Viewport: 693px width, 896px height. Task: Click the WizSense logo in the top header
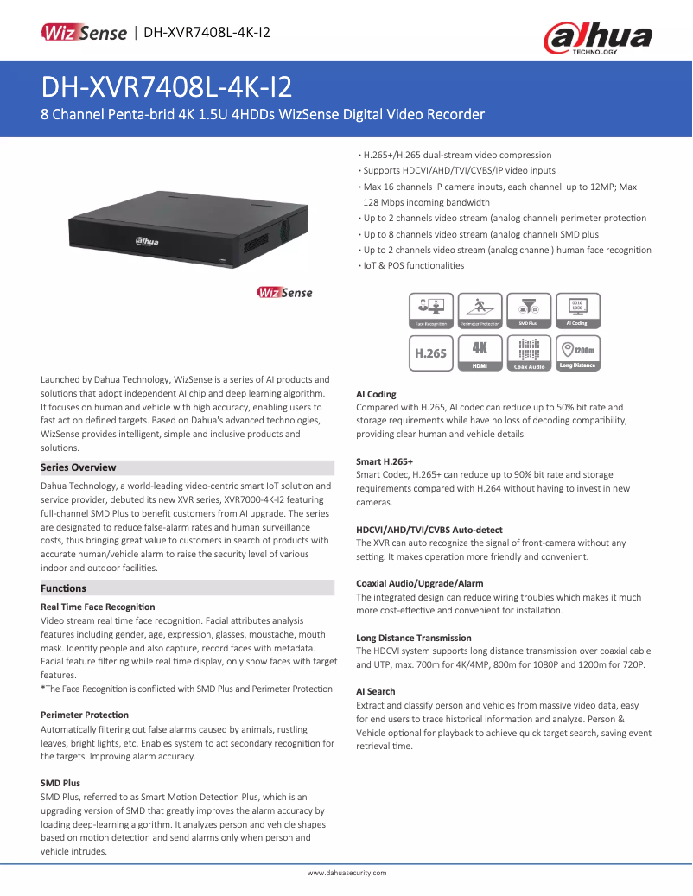click(x=84, y=33)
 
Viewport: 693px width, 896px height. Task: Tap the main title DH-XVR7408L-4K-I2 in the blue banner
click(x=167, y=87)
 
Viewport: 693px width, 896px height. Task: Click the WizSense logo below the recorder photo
click(x=284, y=293)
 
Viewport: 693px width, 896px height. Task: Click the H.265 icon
click(x=430, y=353)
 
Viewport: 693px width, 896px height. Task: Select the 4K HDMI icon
click(x=480, y=353)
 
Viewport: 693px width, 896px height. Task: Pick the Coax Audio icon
click(x=528, y=353)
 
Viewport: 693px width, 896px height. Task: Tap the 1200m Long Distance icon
click(x=576, y=353)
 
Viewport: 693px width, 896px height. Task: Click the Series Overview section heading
click(x=79, y=467)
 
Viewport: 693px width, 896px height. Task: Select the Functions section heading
click(x=64, y=588)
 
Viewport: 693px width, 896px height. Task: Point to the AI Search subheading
click(x=376, y=691)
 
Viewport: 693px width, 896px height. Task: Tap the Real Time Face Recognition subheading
click(x=98, y=607)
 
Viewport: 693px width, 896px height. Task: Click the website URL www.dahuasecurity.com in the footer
click(x=346, y=874)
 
